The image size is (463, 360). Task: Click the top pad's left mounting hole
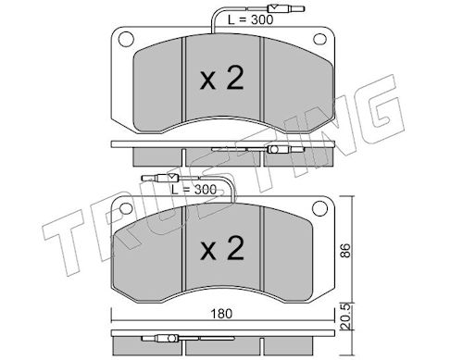click(126, 39)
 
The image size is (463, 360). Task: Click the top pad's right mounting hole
click(319, 39)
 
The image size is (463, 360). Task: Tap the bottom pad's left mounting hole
click(126, 208)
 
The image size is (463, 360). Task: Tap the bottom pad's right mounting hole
click(319, 208)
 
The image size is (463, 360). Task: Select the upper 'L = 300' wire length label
click(250, 19)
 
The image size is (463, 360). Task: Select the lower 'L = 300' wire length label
click(194, 189)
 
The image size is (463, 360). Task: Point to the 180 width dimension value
click(221, 314)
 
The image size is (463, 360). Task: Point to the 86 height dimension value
click(346, 251)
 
